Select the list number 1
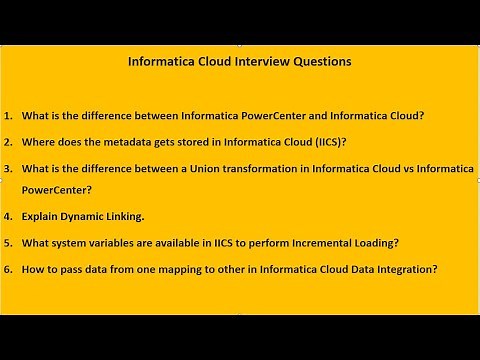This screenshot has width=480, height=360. [x=8, y=115]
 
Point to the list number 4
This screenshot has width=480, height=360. [x=8, y=216]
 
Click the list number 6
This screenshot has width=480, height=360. [x=8, y=269]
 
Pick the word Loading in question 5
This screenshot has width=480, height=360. [x=406, y=242]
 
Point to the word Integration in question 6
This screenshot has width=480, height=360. [x=400, y=269]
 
